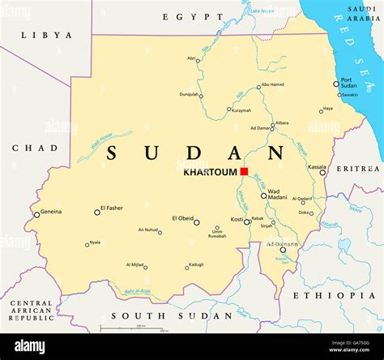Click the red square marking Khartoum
244,172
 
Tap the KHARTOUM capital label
211,172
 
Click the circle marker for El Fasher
97,212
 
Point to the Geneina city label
51,211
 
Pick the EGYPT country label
193,17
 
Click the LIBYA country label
46,36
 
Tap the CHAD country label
35,148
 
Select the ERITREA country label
358,169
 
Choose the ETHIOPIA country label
335,296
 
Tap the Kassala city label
317,166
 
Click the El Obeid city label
182,218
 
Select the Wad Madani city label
279,195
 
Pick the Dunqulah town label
189,94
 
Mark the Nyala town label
95,242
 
